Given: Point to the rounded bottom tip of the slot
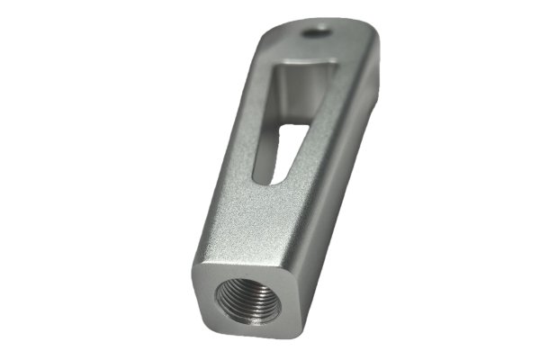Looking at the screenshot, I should [x=265, y=179].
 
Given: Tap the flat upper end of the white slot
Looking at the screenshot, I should [x=292, y=126].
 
